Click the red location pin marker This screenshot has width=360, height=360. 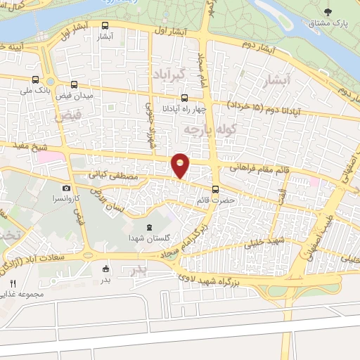point(180,165)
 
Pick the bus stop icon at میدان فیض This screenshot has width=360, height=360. point(75,83)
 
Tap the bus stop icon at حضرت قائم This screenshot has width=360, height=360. point(215,188)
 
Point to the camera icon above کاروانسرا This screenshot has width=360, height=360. point(66,188)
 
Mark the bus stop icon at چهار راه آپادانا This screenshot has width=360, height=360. point(184,98)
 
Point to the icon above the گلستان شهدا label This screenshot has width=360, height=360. point(149,227)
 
